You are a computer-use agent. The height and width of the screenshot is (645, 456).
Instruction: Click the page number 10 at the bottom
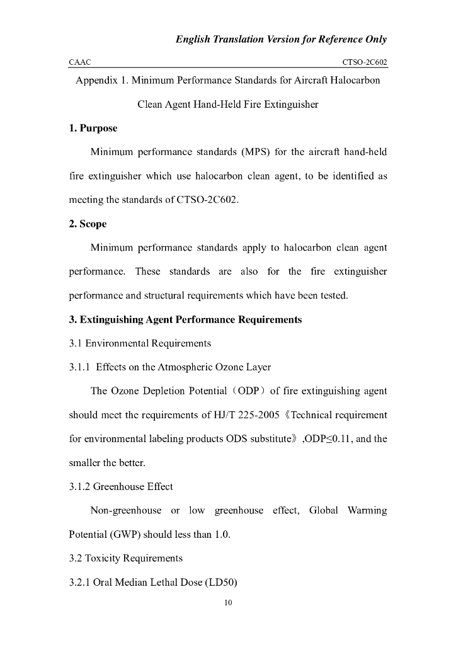tap(229, 603)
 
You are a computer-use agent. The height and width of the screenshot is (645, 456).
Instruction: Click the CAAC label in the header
tap(79, 62)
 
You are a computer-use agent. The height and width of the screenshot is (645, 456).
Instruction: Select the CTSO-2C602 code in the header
tap(364, 62)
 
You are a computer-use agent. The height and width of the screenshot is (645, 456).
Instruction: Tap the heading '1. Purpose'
tap(93, 128)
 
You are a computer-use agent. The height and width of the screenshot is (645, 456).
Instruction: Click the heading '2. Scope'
tap(88, 224)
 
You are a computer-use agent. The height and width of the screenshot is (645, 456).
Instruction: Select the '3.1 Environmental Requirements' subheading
tap(139, 343)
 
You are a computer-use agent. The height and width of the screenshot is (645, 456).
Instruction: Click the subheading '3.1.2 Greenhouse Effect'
tap(121, 486)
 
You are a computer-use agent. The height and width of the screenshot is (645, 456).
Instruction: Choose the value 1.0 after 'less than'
tap(223, 535)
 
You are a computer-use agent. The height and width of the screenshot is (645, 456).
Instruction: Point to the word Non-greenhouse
tap(126, 510)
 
